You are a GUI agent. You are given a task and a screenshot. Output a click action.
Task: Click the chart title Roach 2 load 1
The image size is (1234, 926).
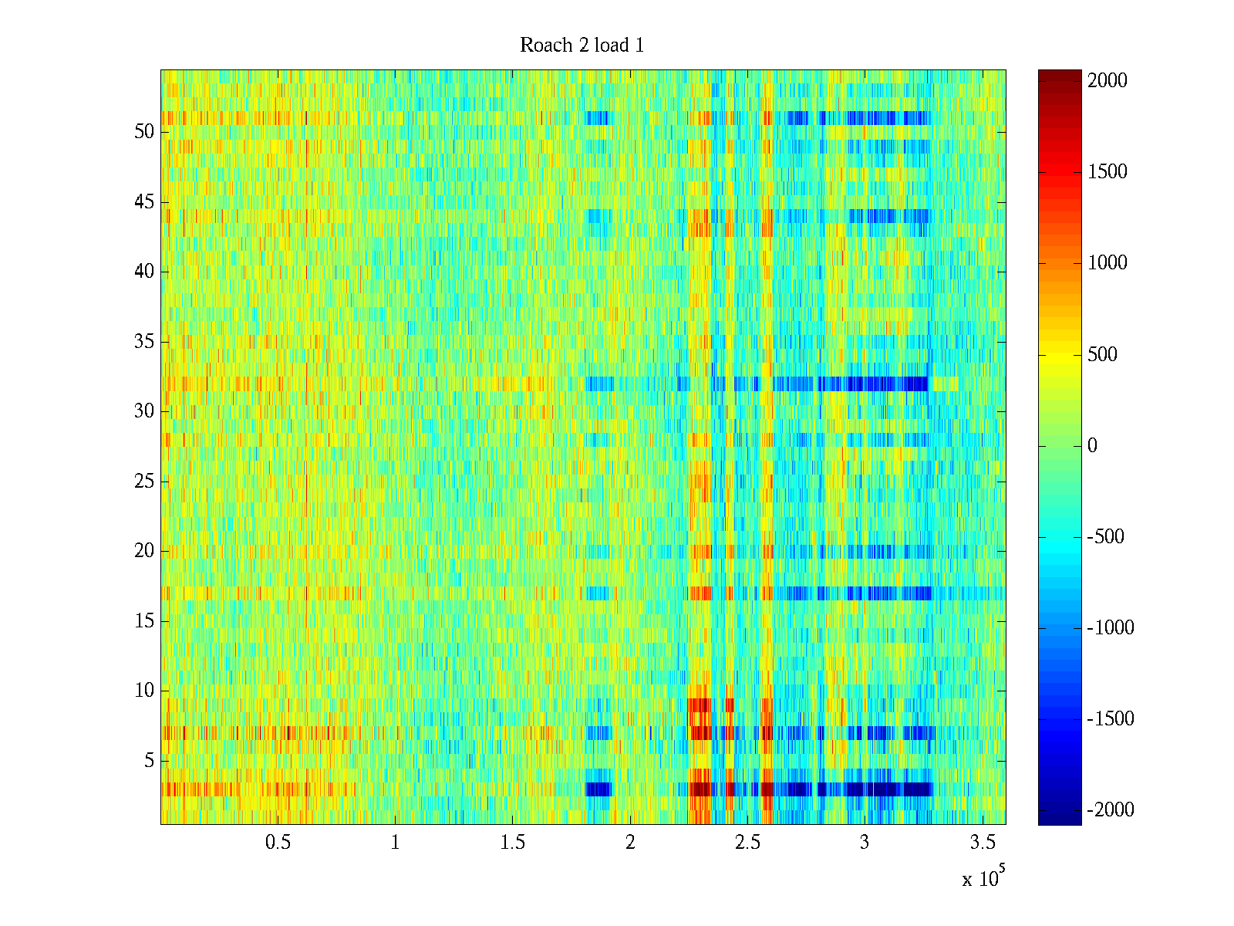tap(582, 46)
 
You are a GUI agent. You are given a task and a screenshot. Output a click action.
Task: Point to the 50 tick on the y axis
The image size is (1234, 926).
tap(144, 132)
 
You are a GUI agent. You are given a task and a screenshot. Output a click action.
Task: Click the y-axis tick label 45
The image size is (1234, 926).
tap(144, 202)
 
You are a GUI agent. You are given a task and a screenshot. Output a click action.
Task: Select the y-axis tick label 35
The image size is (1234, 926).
tap(144, 342)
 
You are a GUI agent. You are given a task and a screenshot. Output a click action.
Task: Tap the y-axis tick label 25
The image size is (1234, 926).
tap(144, 482)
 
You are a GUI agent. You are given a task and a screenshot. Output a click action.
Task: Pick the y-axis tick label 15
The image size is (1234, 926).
tap(144, 621)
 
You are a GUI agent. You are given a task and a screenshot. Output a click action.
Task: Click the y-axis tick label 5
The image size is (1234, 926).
tap(149, 761)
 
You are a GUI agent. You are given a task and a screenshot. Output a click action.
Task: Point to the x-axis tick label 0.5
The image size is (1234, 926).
tap(278, 843)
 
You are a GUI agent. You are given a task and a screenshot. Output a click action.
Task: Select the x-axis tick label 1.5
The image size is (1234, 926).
tap(512, 843)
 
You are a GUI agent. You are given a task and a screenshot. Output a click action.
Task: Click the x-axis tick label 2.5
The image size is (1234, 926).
tap(747, 843)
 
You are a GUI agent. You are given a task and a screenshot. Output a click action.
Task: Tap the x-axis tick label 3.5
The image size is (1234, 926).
tap(982, 843)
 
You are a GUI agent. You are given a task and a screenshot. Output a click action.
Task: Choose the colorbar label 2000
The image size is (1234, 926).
tap(1108, 81)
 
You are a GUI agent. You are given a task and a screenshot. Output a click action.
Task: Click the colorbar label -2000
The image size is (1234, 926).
tap(1111, 810)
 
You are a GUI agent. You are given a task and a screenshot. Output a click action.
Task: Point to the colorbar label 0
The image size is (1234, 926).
tap(1092, 446)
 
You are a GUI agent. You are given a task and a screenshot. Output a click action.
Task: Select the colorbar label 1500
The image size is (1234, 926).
tap(1108, 172)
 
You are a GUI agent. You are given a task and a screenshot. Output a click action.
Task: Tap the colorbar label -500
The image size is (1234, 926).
tap(1106, 537)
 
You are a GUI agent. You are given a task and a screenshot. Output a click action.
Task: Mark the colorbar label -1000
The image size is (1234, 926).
tap(1111, 628)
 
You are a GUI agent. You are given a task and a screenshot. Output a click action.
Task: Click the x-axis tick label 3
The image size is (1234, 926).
tap(865, 843)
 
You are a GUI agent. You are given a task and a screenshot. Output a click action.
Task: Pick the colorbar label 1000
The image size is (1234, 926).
tap(1108, 263)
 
